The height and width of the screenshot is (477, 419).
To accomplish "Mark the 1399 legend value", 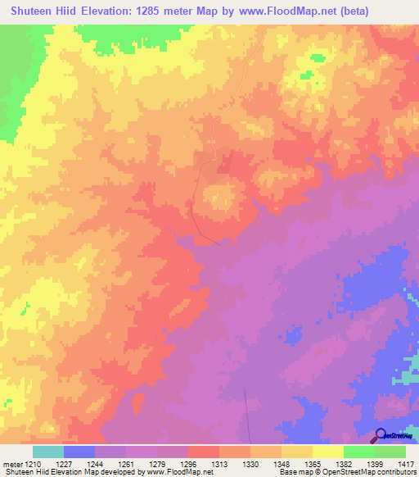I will (x=374, y=464).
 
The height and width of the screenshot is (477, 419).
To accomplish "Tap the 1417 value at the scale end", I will (x=405, y=464).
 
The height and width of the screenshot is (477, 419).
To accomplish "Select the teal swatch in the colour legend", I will (x=47, y=452).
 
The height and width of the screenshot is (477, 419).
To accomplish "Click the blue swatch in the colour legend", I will (x=79, y=452).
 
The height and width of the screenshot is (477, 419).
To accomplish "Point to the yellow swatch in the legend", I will (x=327, y=452).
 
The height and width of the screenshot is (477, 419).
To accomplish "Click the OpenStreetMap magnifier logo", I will (x=381, y=435).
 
